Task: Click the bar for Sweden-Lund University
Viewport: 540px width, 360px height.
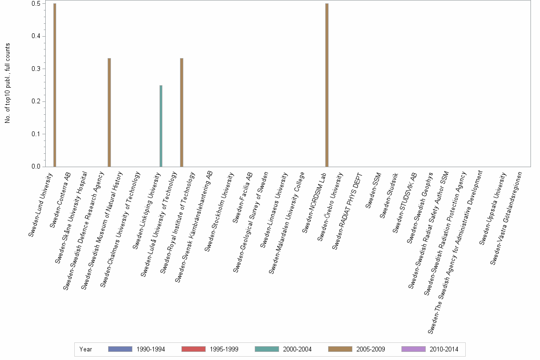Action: click(55, 85)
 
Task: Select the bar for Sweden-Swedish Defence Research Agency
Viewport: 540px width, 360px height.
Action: click(109, 112)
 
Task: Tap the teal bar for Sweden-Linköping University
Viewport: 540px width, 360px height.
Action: click(161, 126)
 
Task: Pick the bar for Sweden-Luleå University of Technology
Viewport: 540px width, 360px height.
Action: click(181, 112)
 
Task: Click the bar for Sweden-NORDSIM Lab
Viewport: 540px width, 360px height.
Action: click(327, 85)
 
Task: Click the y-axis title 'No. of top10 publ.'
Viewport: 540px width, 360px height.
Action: click(8, 83)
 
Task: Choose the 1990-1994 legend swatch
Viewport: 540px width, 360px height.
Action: click(120, 349)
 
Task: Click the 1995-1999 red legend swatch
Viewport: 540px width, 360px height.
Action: click(193, 349)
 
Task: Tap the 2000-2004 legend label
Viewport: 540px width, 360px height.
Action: click(297, 349)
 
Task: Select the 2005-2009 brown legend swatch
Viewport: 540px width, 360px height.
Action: click(340, 349)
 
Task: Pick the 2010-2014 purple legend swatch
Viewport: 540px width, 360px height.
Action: click(413, 349)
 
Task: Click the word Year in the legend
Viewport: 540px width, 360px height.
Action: click(86, 349)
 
